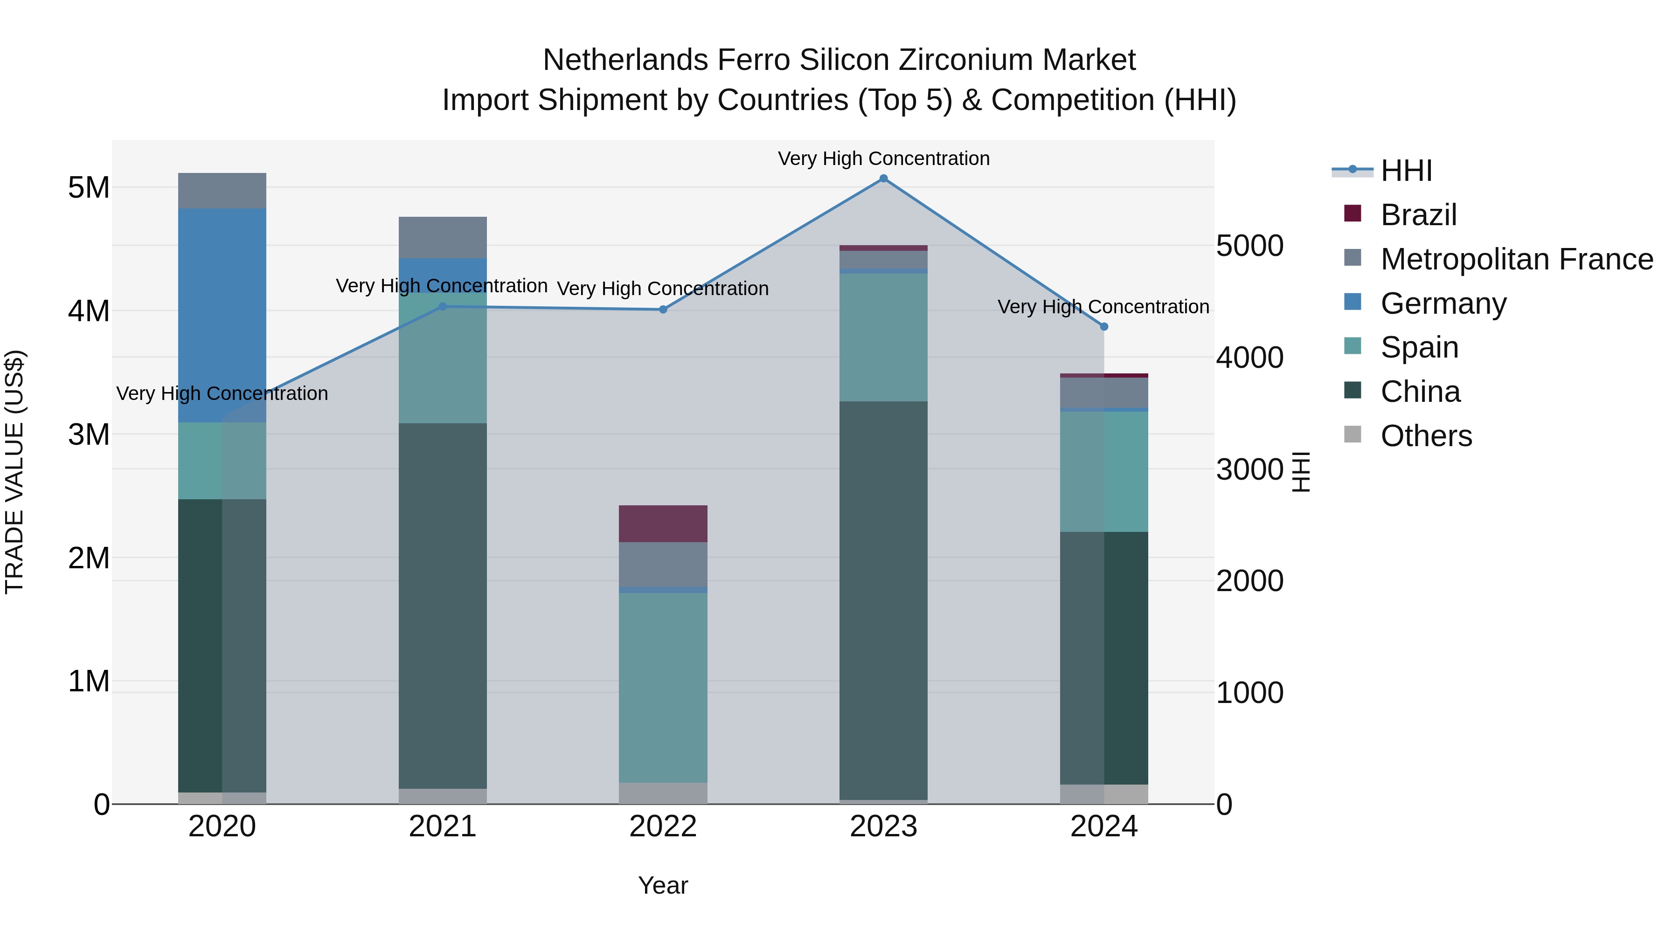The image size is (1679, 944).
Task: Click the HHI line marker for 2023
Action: [883, 178]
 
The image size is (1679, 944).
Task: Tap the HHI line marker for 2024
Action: [1103, 326]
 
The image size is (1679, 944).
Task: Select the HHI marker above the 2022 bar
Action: [663, 310]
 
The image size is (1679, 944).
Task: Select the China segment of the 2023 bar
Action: [883, 599]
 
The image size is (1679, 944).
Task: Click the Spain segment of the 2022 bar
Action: [663, 687]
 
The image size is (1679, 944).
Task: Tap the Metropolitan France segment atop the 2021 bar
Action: [443, 237]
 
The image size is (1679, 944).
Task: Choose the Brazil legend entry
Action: [1418, 215]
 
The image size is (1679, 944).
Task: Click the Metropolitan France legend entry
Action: [1516, 259]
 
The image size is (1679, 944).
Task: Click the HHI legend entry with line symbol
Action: [1406, 171]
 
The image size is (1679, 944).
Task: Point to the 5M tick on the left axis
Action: [89, 187]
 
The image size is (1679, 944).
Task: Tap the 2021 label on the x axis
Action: [443, 827]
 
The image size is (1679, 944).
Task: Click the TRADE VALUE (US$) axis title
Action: [14, 472]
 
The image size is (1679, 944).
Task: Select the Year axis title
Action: [663, 885]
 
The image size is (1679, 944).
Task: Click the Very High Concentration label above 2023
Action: [883, 158]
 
